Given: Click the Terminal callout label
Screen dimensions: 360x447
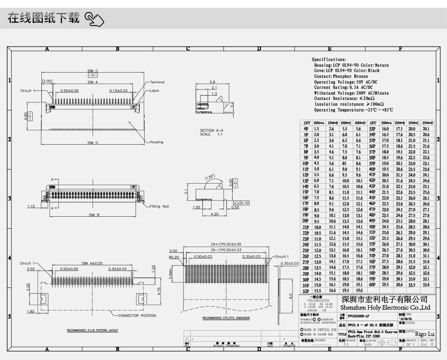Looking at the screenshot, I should pos(157,82).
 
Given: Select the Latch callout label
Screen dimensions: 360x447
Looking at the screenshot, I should pos(154,90).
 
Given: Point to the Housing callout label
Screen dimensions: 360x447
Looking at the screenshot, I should pos(156,142).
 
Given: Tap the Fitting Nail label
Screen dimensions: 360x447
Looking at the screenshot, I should pos(160,206).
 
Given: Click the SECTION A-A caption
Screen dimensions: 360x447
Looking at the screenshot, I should pos(211,131).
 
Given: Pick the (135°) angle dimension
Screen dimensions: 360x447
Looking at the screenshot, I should pos(211,177).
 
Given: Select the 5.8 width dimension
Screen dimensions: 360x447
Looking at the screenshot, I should pos(212,82).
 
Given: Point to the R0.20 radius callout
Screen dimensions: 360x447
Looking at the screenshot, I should pos(174,257).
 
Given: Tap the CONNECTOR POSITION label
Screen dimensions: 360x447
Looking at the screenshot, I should pos(137,316).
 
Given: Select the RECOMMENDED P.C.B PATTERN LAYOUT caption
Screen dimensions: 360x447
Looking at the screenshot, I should pos(92,331).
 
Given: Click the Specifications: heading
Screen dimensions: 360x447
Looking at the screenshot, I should pos(329,60).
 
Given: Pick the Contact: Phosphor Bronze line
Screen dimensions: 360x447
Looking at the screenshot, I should pos(341,76).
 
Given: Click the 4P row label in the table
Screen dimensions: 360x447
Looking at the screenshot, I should pos(306,129).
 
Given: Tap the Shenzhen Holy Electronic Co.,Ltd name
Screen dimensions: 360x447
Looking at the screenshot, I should pos(385,308).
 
